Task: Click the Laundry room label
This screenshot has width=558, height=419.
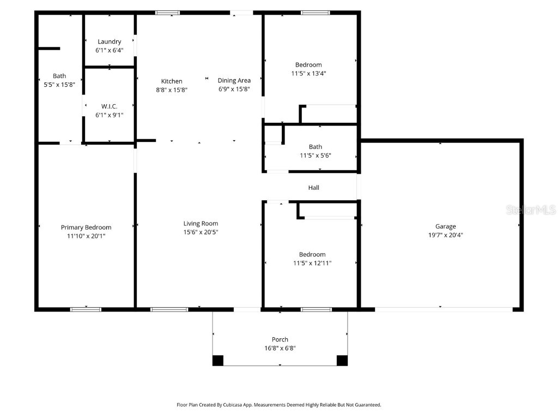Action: (109, 41)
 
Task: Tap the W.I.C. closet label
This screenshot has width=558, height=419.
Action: (109, 106)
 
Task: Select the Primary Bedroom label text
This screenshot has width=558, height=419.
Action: (86, 228)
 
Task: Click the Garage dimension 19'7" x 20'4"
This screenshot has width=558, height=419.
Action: (445, 236)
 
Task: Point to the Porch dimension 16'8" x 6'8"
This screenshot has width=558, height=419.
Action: (280, 348)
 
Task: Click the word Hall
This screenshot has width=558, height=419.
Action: (313, 188)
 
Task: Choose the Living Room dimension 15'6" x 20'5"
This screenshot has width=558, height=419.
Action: (201, 232)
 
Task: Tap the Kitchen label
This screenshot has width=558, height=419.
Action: (172, 81)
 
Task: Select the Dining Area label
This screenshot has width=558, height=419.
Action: (234, 81)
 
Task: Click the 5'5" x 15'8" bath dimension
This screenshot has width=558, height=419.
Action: (59, 85)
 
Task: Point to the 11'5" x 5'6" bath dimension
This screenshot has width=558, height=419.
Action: (316, 155)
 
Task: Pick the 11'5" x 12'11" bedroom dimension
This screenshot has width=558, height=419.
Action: (312, 263)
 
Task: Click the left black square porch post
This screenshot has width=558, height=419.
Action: (218, 360)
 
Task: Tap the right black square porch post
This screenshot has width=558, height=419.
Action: (342, 360)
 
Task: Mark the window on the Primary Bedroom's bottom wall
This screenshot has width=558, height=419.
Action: (86, 309)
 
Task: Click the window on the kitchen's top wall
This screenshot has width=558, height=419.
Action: (168, 13)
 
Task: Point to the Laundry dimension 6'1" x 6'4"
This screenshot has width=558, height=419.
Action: (109, 50)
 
